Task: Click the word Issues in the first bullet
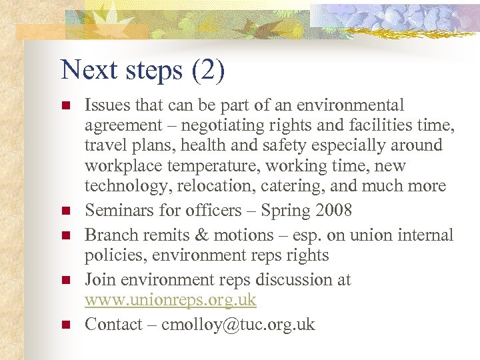pos(105,105)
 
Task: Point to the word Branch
pos(109,235)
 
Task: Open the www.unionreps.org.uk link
pos(170,300)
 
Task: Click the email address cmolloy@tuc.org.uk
pos(238,325)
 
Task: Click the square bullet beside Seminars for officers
pos(65,211)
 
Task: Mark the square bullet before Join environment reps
pos(65,281)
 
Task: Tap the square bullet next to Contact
pos(65,325)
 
